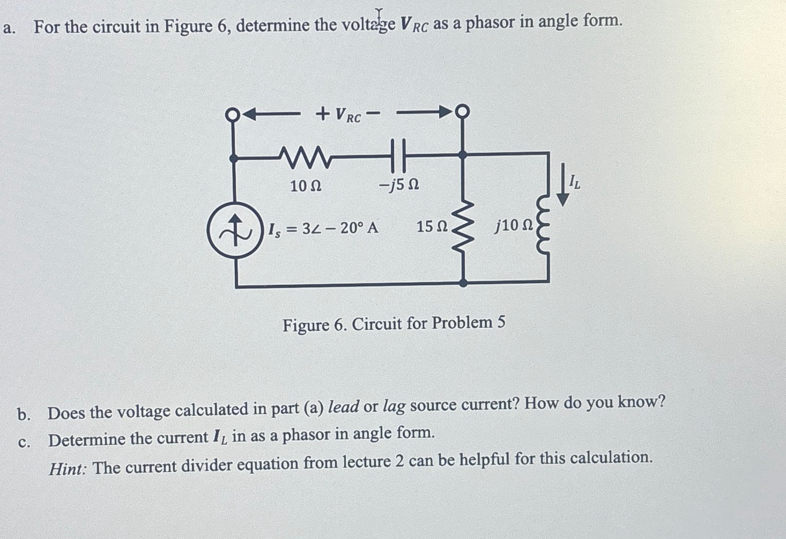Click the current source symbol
(235, 230)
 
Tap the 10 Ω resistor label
(306, 186)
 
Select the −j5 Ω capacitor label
(399, 185)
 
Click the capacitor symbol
(398, 155)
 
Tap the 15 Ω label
(432, 227)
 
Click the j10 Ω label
(514, 226)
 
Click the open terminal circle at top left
(232, 114)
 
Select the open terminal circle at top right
(462, 112)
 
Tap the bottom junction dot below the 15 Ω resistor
(463, 282)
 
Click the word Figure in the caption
(306, 325)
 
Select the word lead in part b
(343, 407)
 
